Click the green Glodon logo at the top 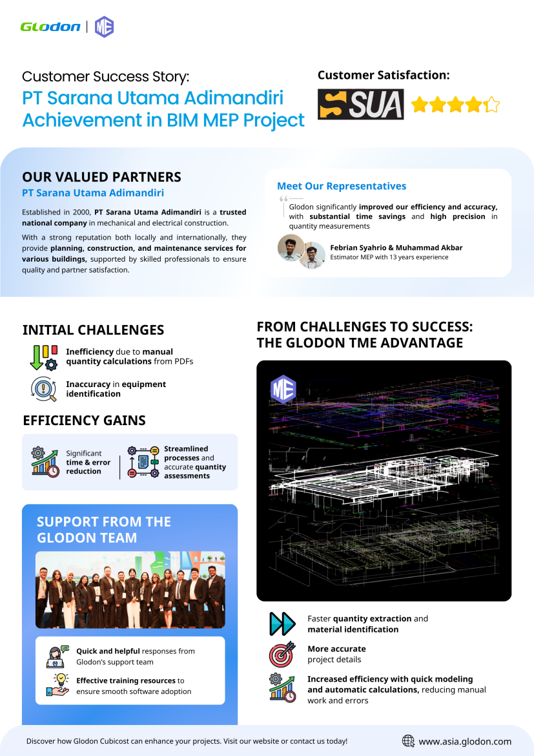pyautogui.click(x=50, y=26)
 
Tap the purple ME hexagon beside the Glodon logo pyautogui.click(x=104, y=26)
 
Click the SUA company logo pyautogui.click(x=360, y=105)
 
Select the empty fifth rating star pyautogui.click(x=491, y=105)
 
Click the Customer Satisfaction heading pyautogui.click(x=384, y=75)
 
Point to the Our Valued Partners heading pyautogui.click(x=101, y=177)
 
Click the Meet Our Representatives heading pyautogui.click(x=342, y=186)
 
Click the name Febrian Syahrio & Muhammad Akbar pyautogui.click(x=396, y=247)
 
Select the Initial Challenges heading pyautogui.click(x=93, y=330)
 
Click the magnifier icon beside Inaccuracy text pyautogui.click(x=43, y=389)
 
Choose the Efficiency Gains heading pyautogui.click(x=84, y=421)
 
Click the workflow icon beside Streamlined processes pyautogui.click(x=143, y=462)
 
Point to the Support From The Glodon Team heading pyautogui.click(x=103, y=530)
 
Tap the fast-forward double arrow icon pyautogui.click(x=282, y=624)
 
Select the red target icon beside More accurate pyautogui.click(x=282, y=655)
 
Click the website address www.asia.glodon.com pyautogui.click(x=465, y=742)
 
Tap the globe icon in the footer pyautogui.click(x=408, y=741)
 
